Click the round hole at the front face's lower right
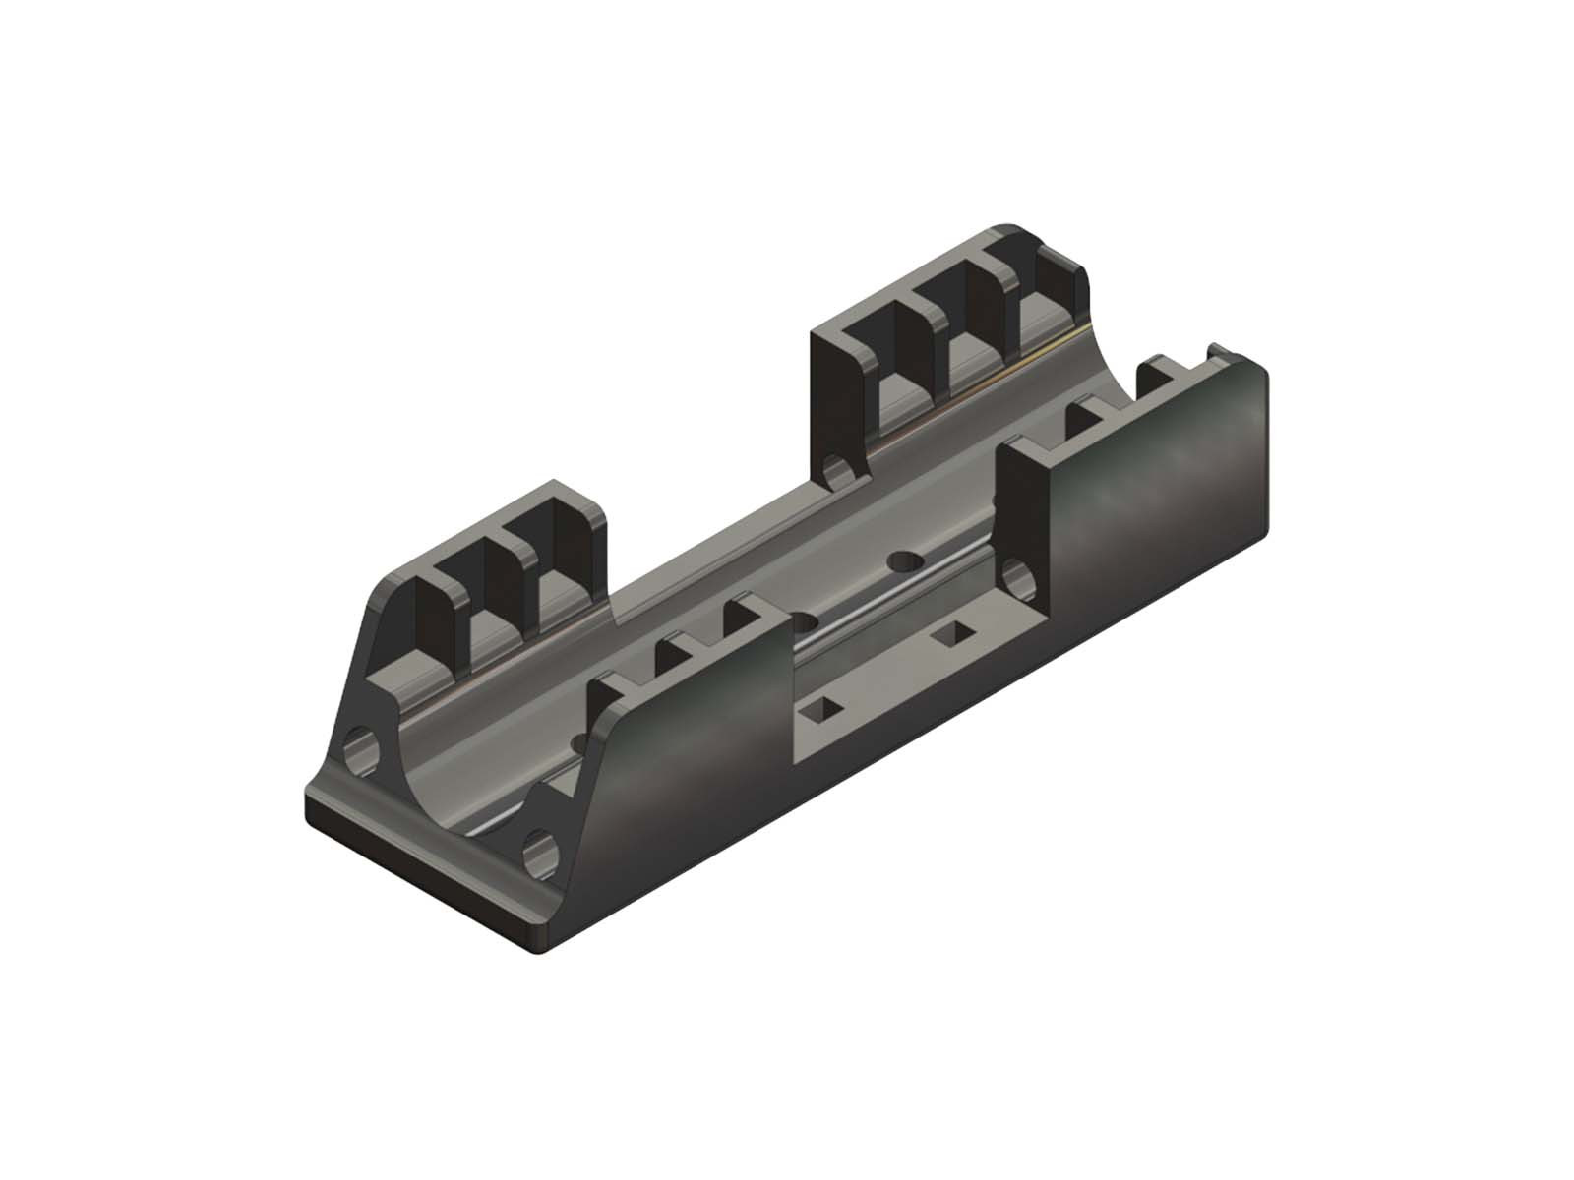(540, 850)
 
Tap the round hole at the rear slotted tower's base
(837, 473)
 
